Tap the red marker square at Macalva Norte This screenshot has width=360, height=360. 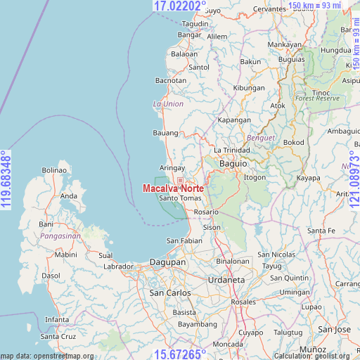pyautogui.click(x=180, y=181)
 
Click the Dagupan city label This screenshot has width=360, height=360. pyautogui.click(x=167, y=262)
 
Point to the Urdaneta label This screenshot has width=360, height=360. pyautogui.click(x=226, y=280)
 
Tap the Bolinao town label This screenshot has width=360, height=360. pyautogui.click(x=54, y=170)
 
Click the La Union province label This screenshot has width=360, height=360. pyautogui.click(x=168, y=104)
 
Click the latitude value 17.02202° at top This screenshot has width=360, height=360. pyautogui.click(x=180, y=6)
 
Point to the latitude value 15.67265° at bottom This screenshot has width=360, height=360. pyautogui.click(x=180, y=354)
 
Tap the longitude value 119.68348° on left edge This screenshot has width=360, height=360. pyautogui.click(x=6, y=180)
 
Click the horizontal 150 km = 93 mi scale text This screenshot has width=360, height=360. pyautogui.click(x=314, y=6)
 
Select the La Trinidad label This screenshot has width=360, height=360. pyautogui.click(x=231, y=150)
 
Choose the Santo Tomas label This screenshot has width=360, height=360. pyautogui.click(x=181, y=198)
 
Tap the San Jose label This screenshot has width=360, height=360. pyautogui.click(x=334, y=329)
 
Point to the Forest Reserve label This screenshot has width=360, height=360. pyautogui.click(x=317, y=99)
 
